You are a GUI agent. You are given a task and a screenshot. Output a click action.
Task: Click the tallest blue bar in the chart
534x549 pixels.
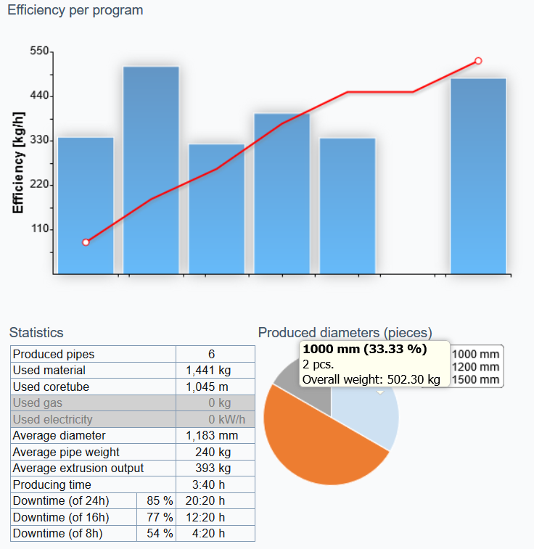pos(151,170)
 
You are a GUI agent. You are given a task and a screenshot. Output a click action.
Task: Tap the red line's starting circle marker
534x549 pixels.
pos(86,242)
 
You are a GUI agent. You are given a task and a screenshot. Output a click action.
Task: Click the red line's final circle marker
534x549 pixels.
pos(478,61)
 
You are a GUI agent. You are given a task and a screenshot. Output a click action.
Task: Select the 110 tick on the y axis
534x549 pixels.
pos(39,229)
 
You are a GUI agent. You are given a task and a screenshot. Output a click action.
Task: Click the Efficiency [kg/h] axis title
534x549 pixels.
pos(19,162)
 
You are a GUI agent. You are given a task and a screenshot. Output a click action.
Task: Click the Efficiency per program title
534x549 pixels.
pos(75,11)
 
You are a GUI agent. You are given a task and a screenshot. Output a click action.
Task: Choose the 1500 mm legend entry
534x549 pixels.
pos(475,380)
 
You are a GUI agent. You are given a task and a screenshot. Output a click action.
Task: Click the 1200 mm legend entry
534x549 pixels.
pos(475,367)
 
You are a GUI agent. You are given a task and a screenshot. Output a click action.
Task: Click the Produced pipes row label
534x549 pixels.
pos(54,355)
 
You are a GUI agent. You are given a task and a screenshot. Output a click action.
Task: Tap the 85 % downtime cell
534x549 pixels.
pos(157,501)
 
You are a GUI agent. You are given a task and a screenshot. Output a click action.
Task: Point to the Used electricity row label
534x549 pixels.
pos(52,419)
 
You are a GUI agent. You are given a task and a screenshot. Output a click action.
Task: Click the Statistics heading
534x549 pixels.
pos(36,333)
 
